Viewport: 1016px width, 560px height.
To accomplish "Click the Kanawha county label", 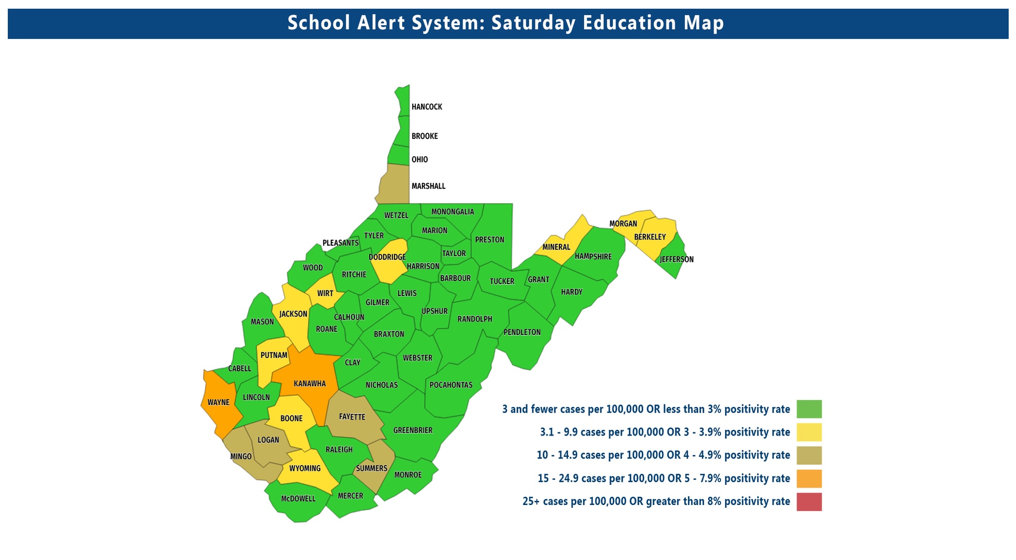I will point(309,384).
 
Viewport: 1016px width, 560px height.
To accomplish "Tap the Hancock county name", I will point(427,107).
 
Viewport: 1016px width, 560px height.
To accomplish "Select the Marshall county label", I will point(428,186).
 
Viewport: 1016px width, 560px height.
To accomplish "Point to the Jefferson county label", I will point(676,259).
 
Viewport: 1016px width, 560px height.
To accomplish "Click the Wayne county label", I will point(218,402).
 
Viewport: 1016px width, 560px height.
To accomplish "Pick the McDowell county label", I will point(298,499).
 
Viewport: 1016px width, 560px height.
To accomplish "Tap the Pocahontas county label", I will point(451,385).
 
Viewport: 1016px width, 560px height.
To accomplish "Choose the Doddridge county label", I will point(387,257).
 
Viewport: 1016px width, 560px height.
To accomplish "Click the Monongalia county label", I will point(453,212).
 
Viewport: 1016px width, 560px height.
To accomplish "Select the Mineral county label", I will point(556,247).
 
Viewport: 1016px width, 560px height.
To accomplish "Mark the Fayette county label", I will point(352,417).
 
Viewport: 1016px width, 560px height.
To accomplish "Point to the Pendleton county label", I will point(522,332).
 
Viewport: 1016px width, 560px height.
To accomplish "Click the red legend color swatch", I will point(809,502).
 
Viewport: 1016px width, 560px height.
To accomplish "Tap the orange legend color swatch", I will point(809,479).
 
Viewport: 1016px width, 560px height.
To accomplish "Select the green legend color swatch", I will point(809,409).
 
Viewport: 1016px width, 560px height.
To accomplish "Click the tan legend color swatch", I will point(809,455).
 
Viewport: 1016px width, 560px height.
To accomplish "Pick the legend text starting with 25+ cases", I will point(656,501).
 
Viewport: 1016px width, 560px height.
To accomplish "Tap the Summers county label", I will point(371,468).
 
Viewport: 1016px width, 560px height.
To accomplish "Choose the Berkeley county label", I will point(650,237).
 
